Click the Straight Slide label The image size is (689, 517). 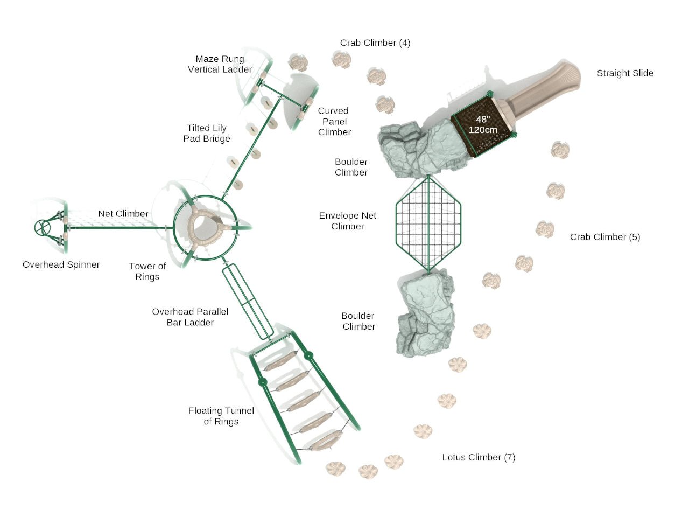624,73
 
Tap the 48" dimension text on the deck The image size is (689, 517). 483,120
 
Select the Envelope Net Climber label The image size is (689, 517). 347,221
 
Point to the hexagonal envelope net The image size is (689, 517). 428,223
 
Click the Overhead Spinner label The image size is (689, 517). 61,264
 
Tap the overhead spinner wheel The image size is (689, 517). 42,227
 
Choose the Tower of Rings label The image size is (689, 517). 147,271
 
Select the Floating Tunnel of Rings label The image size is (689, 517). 221,416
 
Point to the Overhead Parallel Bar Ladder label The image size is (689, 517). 190,317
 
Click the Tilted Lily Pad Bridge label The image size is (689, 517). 206,133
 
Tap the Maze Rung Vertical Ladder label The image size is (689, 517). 220,64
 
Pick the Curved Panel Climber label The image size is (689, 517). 334,121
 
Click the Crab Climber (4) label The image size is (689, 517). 375,43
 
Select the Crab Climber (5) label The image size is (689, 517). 605,237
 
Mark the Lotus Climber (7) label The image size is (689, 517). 479,457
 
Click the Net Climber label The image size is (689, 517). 123,214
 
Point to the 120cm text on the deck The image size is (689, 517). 483,130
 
